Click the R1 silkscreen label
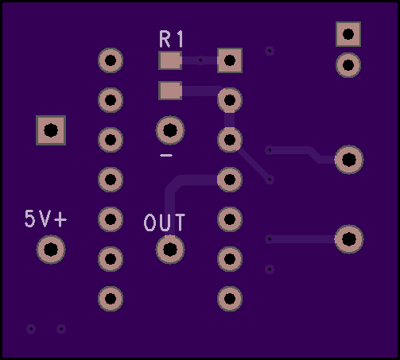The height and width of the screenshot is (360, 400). pos(171,39)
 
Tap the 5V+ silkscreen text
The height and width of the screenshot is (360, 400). pos(45,219)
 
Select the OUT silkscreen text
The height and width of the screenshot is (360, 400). pos(165,223)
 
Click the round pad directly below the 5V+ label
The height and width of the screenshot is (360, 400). pos(51,250)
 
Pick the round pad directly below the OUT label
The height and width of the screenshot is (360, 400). pos(170,250)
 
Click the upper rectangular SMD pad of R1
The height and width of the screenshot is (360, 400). pos(170,60)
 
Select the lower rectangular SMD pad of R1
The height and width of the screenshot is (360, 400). pos(170,91)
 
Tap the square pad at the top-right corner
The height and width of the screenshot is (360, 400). pos(348,34)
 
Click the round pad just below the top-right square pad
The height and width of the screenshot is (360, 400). pos(348,65)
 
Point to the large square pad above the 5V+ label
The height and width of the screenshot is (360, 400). pos(51,130)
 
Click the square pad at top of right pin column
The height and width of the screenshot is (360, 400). pos(230,60)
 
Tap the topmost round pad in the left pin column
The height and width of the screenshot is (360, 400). pos(111,60)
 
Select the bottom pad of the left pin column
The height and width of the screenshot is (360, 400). pos(111,299)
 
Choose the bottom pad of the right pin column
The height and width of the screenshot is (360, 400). pos(230,299)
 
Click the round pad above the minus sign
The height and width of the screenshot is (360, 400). pos(170,130)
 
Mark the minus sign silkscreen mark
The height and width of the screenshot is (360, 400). pos(166,155)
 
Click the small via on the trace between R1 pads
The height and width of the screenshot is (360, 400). pos(200,60)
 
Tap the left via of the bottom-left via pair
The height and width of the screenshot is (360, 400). pos(31,329)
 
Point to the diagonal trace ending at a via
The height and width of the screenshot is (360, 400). pos(254,165)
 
